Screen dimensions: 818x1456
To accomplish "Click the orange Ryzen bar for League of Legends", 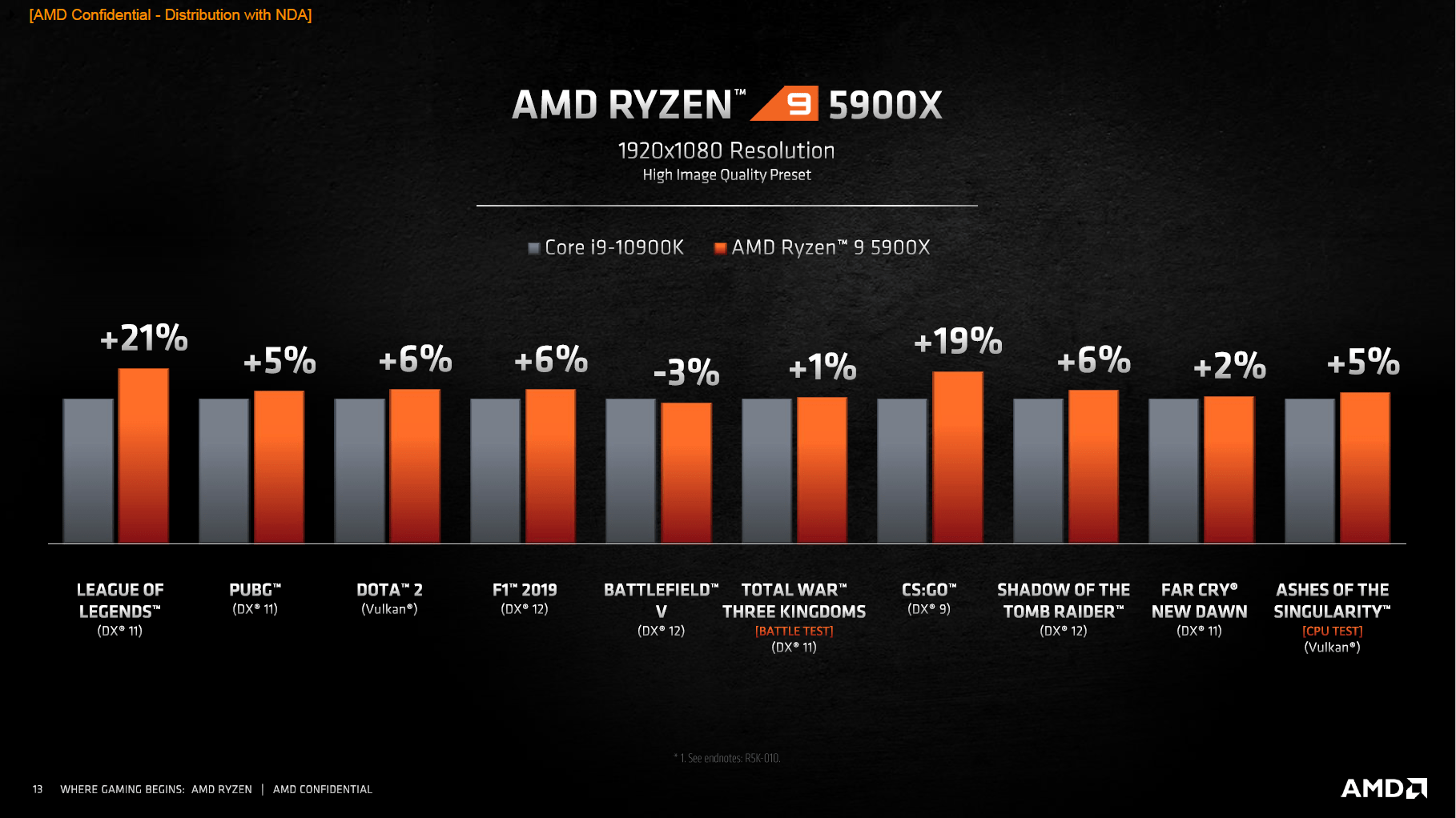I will tap(143, 456).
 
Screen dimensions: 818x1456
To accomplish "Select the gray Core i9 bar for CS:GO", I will tap(902, 471).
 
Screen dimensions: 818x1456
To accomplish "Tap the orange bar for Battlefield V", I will tap(686, 472).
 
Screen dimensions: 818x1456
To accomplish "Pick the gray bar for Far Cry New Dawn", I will tap(1173, 471).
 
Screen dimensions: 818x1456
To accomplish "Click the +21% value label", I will tap(144, 339).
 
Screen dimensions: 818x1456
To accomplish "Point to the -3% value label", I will tap(686, 372).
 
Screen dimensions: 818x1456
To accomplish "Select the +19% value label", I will tap(958, 342).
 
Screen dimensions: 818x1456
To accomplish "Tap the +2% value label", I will tap(1229, 367).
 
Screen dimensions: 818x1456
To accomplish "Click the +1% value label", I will tap(823, 367).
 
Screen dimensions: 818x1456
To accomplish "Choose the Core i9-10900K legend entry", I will tap(606, 248).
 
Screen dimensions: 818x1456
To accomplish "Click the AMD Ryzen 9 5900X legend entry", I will tap(823, 248).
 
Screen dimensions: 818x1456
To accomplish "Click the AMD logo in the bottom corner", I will tap(1384, 788).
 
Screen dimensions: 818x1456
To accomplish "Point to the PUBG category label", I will tap(255, 591).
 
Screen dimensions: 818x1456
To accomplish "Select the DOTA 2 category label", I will tap(389, 591).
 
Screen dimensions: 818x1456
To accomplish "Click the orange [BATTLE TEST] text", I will tap(794, 631).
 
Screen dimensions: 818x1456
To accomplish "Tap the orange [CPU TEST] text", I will tap(1332, 631).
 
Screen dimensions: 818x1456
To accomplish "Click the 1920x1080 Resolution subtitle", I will tap(726, 150).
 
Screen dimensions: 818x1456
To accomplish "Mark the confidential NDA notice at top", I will tap(171, 15).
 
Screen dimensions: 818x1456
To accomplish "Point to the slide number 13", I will tap(38, 789).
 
